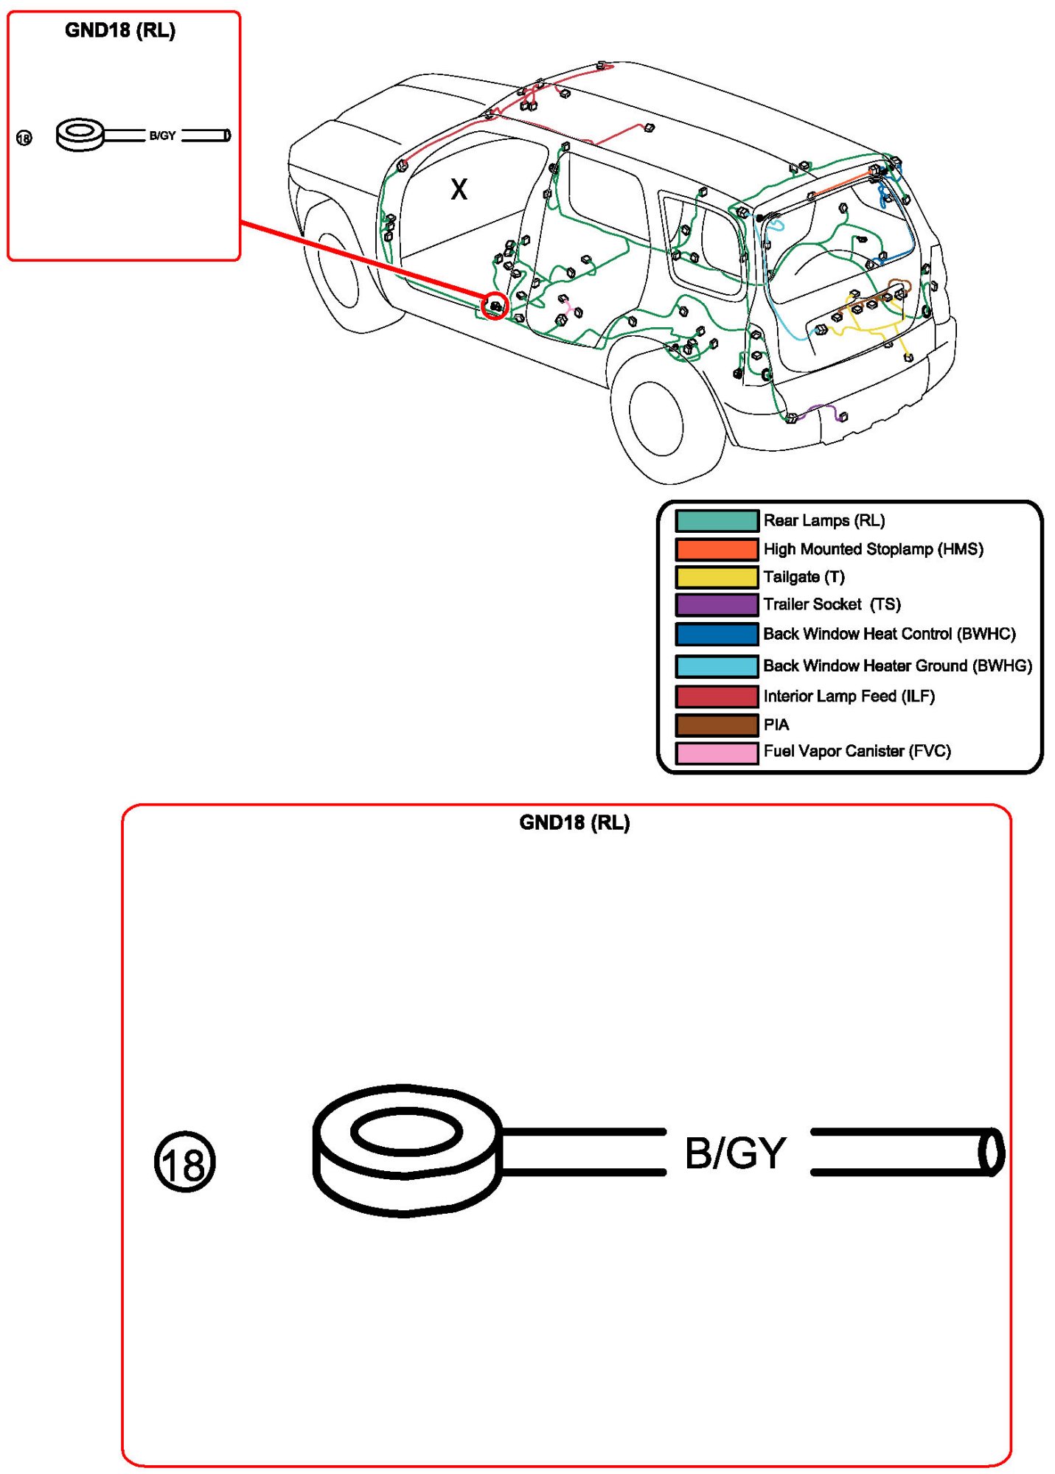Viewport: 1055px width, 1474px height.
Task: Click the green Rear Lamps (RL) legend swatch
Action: (716, 520)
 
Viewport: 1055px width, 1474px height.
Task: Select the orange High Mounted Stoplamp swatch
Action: (716, 549)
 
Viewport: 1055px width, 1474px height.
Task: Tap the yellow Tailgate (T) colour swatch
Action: (716, 576)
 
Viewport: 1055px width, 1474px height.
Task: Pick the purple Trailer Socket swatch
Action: (716, 604)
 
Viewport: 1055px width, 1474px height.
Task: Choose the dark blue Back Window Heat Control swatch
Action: (716, 634)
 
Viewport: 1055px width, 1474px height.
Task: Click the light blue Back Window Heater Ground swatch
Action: (716, 666)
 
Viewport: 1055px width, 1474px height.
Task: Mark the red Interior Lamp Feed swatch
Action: (716, 696)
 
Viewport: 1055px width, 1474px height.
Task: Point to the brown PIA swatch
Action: (716, 724)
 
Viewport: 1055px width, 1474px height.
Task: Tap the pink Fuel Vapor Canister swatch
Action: (716, 752)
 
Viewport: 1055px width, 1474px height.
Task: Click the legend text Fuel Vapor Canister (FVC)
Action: (857, 751)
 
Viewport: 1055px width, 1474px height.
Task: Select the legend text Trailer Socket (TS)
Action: (832, 604)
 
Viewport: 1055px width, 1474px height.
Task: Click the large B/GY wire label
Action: (735, 1153)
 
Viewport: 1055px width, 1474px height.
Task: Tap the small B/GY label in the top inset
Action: (162, 136)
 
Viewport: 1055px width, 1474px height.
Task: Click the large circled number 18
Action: (184, 1162)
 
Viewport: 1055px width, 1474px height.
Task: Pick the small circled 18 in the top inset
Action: (24, 138)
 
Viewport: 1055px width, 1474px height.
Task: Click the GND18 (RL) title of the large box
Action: (574, 822)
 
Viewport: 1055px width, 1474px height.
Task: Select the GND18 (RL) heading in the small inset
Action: (120, 30)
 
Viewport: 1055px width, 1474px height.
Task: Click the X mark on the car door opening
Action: (459, 189)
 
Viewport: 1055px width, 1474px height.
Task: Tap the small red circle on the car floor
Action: (495, 305)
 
